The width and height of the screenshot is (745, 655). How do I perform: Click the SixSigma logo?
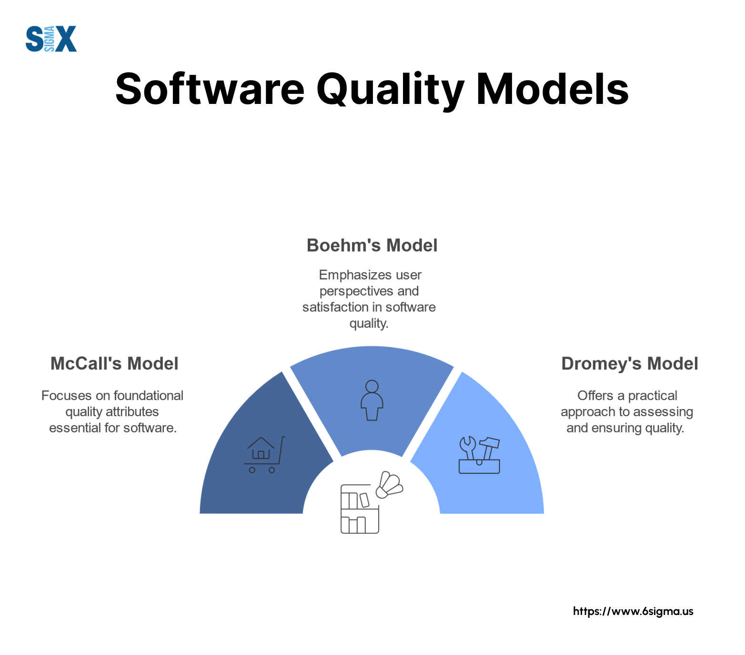pyautogui.click(x=51, y=39)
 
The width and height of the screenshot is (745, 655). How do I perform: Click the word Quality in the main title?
pyautogui.click(x=390, y=91)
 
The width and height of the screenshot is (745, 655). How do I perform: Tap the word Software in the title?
pyautogui.click(x=210, y=89)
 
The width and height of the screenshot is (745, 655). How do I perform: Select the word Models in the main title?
pyautogui.click(x=553, y=89)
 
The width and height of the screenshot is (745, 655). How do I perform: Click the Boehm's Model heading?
pyautogui.click(x=372, y=246)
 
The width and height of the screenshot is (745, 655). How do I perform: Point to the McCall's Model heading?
pyautogui.click(x=114, y=364)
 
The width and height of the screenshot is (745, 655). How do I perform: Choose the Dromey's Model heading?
pyautogui.click(x=630, y=364)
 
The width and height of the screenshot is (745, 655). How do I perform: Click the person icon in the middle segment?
pyautogui.click(x=372, y=400)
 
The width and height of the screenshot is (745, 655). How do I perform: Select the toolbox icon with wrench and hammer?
pyautogui.click(x=479, y=455)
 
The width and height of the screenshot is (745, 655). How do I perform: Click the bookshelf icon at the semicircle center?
pyautogui.click(x=360, y=509)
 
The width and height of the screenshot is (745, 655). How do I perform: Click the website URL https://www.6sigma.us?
pyautogui.click(x=633, y=611)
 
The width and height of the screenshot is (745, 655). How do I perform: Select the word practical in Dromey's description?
pyautogui.click(x=653, y=396)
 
